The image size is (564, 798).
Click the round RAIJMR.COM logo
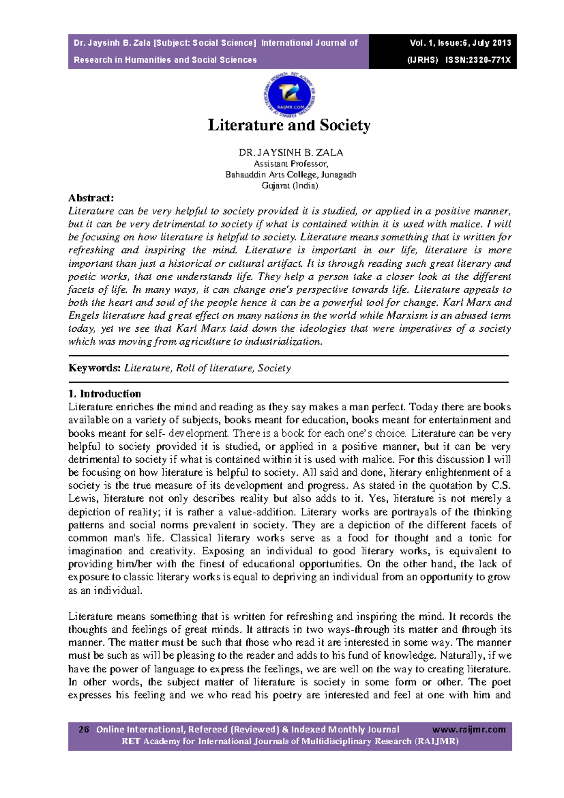tap(289, 96)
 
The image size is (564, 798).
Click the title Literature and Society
tap(289, 126)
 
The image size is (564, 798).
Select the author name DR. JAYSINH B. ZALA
tap(290, 152)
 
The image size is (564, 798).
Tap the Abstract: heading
tap(91, 198)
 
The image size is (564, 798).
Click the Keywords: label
tap(94, 368)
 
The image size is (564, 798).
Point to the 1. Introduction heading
tap(104, 394)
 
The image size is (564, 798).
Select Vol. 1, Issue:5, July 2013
tap(460, 43)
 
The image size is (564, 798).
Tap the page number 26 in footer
tap(84, 730)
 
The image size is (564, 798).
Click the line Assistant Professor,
tap(290, 164)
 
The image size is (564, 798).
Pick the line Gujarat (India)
tap(290, 185)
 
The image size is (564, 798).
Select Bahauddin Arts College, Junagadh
tap(290, 175)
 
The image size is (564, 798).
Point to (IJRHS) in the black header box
tap(422, 60)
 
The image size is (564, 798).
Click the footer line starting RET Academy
tap(290, 742)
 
